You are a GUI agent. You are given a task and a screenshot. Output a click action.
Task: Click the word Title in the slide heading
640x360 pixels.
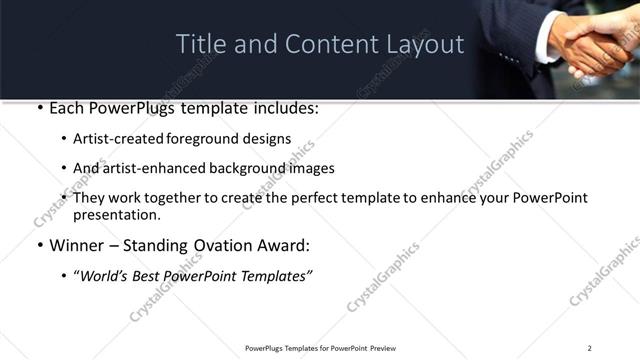click(198, 44)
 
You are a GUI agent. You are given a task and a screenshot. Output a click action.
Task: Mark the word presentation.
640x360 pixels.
click(117, 214)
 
